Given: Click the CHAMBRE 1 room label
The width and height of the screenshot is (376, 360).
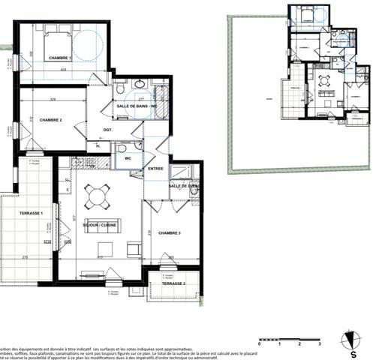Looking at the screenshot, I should tap(60, 58).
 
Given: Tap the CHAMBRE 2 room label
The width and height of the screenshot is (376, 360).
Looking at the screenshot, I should tap(50, 120).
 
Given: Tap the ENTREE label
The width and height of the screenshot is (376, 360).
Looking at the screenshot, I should tap(155, 169).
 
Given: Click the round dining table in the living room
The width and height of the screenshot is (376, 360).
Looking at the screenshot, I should tap(97, 196).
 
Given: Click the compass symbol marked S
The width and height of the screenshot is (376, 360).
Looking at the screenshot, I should tap(349, 340).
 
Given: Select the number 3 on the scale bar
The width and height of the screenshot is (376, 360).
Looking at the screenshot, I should tap(320, 343).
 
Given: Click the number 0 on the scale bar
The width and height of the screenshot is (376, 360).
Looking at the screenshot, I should tap(259, 343).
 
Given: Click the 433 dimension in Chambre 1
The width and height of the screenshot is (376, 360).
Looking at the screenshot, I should tap(65, 70).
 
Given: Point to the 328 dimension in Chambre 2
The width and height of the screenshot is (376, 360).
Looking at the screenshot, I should tap(52, 98).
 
